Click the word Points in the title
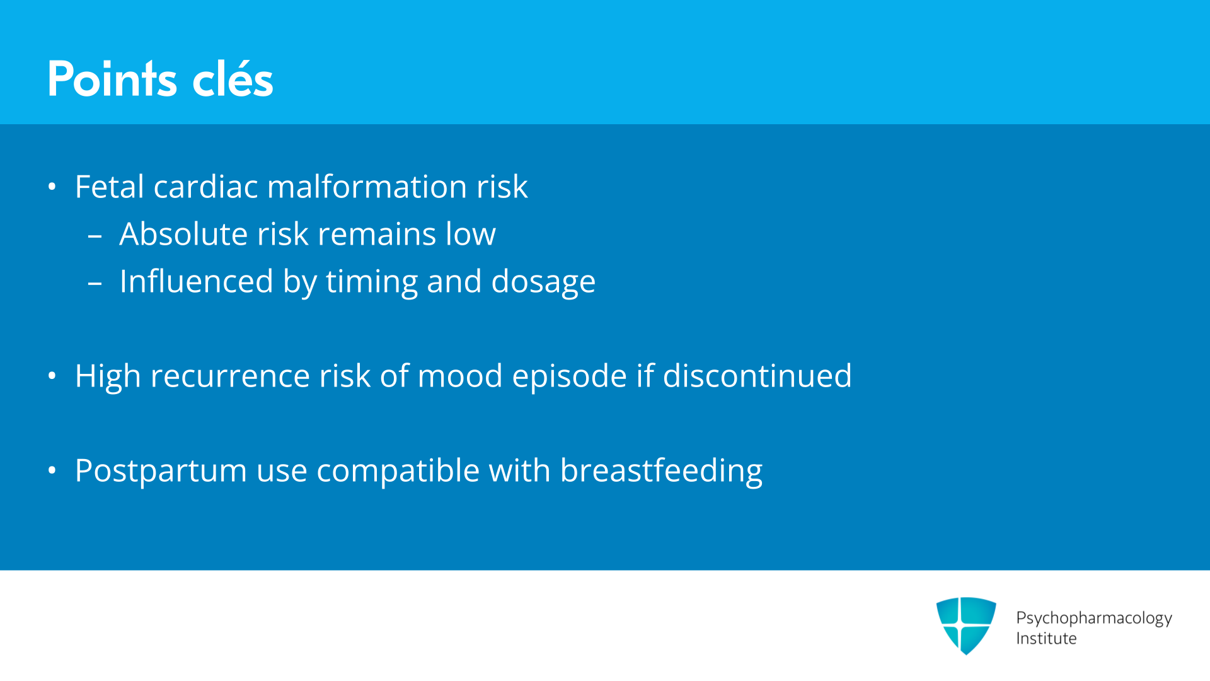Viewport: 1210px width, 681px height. pos(112,79)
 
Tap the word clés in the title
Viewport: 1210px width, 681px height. pos(233,79)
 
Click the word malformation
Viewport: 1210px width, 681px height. pos(367,187)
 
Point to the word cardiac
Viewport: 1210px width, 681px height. pos(205,187)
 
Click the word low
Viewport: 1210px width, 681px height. pos(471,234)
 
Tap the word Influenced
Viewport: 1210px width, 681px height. pos(197,281)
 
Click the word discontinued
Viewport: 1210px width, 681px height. pos(757,376)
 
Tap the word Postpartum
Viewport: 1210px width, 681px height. pos(161,472)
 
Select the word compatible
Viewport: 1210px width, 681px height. pos(398,472)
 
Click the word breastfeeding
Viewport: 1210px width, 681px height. pos(661,472)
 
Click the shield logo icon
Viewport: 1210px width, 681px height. pos(966,626)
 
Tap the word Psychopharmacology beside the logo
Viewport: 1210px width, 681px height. pos(1094,619)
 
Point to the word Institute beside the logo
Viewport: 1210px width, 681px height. pos(1046,639)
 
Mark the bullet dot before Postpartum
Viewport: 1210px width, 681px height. pos(52,470)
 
